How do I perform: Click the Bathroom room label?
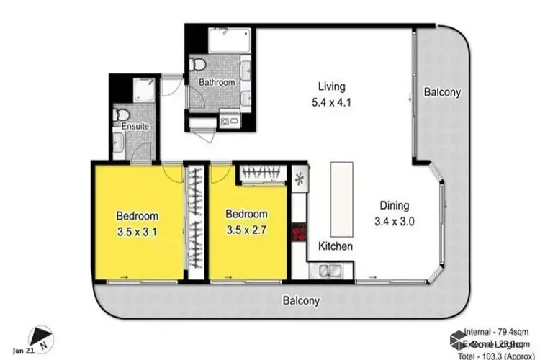[217, 83]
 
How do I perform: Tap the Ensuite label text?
[135, 127]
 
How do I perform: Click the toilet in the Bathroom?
[197, 65]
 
